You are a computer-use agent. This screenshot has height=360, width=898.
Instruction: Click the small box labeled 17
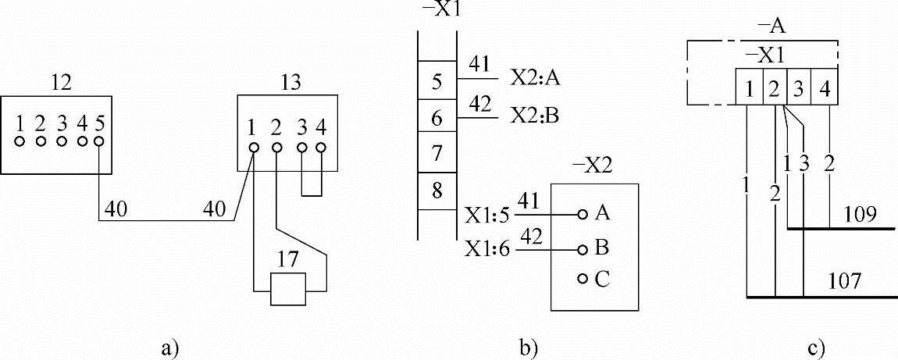288,290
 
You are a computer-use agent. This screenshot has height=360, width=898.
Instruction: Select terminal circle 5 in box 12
99,141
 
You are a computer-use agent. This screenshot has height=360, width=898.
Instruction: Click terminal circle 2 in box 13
276,147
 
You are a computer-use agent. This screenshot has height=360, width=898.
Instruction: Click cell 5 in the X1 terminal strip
437,81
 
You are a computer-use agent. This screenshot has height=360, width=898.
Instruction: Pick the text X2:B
536,117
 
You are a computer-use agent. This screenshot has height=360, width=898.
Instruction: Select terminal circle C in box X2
582,280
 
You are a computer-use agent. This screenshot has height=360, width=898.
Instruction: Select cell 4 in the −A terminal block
826,87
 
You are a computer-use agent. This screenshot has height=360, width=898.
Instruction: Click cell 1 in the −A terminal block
749,87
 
